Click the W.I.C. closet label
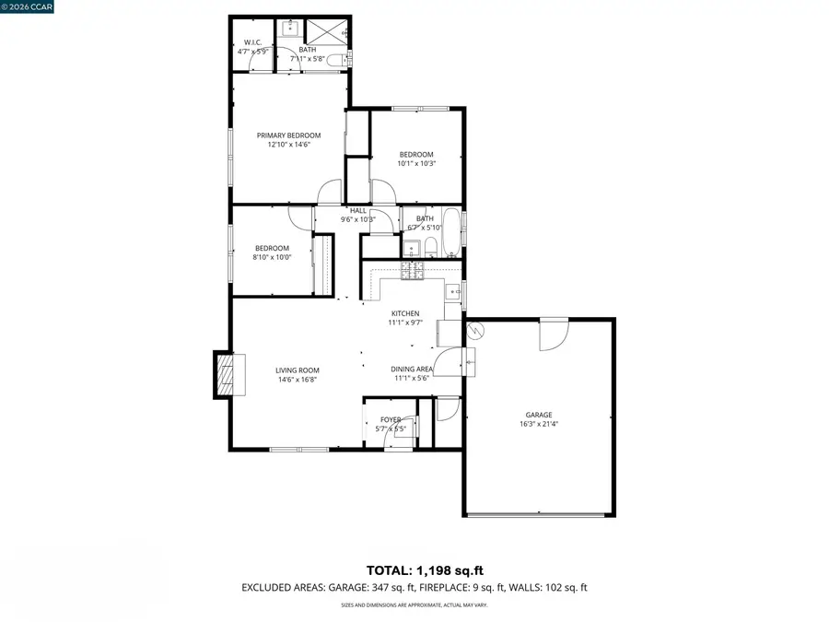[251, 42]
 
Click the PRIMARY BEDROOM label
[288, 135]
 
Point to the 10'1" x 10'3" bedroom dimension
[416, 163]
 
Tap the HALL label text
[357, 210]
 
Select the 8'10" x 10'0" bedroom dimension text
[272, 257]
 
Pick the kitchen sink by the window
[452, 293]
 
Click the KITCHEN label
[404, 313]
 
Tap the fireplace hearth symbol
[226, 373]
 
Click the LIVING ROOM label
[298, 370]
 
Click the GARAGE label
[539, 415]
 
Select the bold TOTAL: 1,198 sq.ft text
[414, 569]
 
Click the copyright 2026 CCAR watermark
[29, 7]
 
